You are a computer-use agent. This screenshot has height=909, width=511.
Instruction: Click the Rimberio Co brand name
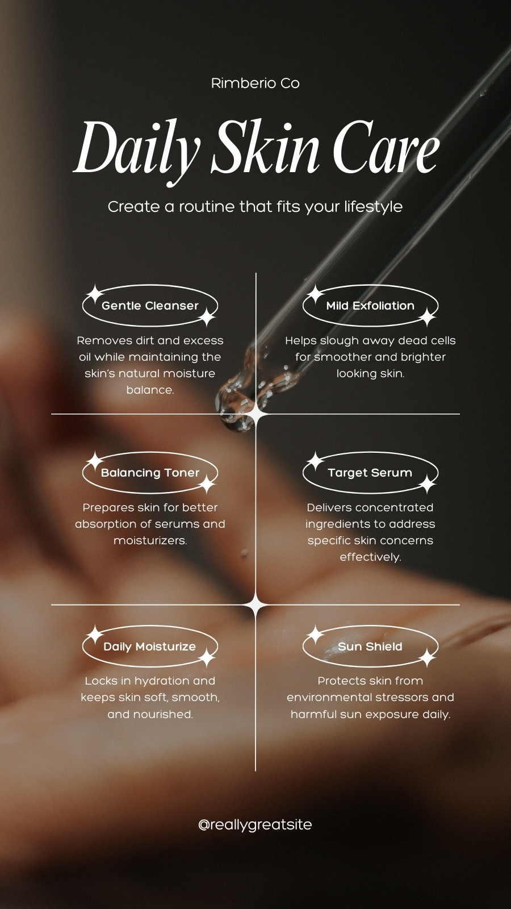(256, 83)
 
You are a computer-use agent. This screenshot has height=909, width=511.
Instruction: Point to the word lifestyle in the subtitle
(374, 207)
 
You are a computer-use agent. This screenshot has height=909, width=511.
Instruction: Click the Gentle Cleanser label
(150, 306)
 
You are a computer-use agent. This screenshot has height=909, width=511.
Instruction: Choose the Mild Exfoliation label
(370, 306)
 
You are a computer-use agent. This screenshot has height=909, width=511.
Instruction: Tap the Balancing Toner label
(150, 473)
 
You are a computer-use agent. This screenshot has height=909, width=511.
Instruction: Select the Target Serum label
(370, 473)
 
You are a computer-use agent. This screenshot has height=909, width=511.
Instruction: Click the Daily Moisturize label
(150, 647)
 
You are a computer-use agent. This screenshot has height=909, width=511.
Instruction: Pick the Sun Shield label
(370, 647)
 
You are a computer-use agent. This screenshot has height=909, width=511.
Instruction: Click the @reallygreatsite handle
(255, 824)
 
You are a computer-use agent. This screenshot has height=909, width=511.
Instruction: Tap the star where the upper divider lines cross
(256, 414)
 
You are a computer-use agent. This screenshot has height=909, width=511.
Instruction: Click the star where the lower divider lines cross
(256, 605)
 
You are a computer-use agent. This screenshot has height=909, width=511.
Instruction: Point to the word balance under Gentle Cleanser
(150, 390)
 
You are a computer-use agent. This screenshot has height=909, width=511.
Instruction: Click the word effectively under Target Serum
(370, 557)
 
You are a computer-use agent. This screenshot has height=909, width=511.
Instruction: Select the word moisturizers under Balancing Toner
(150, 540)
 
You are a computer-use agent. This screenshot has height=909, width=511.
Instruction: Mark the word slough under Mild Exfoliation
(340, 341)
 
